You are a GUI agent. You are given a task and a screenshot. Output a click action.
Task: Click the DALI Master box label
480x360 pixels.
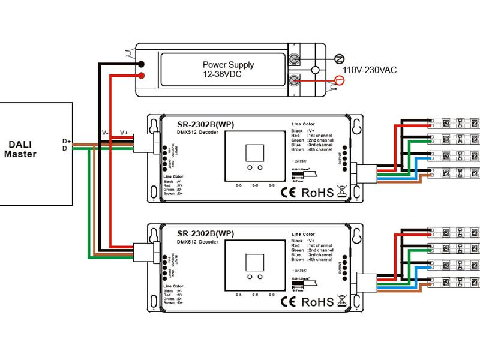20,149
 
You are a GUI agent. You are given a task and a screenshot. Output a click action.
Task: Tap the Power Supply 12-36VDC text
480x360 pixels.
228,70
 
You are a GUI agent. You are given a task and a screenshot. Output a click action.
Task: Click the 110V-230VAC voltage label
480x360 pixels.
370,70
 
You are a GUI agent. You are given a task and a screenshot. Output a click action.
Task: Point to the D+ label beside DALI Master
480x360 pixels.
67,142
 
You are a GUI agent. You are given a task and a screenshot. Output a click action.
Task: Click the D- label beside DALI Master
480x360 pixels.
67,148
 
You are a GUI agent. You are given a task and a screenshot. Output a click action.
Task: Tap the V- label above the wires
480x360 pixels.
105,133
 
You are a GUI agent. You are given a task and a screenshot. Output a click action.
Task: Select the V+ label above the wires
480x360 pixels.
124,133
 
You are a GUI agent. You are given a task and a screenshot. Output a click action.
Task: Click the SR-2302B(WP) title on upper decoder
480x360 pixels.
206,124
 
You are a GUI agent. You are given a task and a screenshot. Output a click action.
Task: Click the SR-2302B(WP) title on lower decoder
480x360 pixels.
206,233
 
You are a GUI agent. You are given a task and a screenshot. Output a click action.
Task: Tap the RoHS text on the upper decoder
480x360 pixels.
317,193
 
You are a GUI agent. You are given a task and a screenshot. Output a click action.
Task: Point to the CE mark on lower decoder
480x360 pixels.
289,302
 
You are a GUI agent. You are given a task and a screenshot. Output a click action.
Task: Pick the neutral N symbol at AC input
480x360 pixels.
339,58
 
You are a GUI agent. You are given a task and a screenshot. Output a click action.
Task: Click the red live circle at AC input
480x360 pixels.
340,80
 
